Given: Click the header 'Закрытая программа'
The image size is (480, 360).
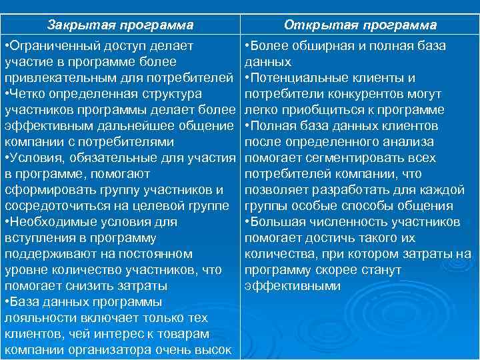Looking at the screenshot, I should click(x=120, y=25).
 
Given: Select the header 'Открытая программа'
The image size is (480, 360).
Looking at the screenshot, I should click(x=360, y=25).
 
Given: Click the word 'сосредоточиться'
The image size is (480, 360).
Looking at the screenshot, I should click(x=53, y=206).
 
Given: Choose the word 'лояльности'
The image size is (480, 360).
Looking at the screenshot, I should click(x=37, y=318).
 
